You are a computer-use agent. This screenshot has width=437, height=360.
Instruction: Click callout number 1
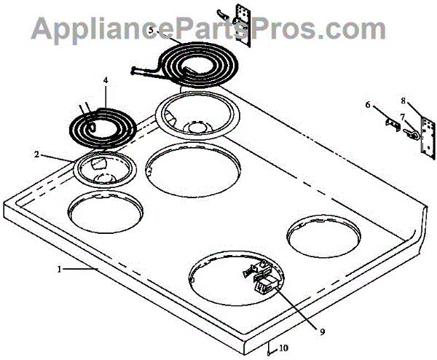click(59, 269)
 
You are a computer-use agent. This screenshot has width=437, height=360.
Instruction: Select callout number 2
click(36, 154)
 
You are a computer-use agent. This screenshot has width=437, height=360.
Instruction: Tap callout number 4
click(105, 80)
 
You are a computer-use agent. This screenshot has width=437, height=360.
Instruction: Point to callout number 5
click(151, 30)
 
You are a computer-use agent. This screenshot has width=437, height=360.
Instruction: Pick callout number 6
click(368, 105)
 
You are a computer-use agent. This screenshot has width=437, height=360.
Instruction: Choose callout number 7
click(402, 117)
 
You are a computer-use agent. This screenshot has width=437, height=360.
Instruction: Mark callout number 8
click(403, 101)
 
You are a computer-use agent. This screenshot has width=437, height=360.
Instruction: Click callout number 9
click(322, 332)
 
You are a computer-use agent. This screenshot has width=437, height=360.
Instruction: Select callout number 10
click(283, 348)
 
